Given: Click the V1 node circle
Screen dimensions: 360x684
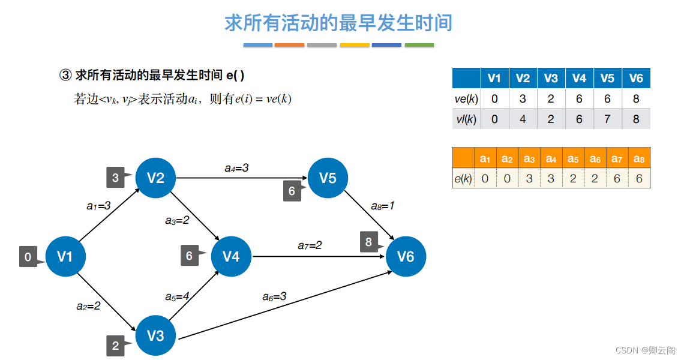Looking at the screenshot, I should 65,257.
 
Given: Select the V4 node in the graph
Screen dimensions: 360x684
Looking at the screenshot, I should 231,257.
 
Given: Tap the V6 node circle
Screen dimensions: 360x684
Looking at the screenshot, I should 406,257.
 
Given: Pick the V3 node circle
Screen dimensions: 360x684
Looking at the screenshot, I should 155,335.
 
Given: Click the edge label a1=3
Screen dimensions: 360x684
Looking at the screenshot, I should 98,206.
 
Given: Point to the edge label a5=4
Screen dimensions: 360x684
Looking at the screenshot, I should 178,296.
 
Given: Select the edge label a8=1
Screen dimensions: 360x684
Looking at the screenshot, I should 382,206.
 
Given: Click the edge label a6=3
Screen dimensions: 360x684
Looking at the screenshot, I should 274,296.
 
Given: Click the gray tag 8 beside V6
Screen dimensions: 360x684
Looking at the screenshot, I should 369,242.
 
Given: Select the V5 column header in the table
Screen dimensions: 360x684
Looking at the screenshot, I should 607,79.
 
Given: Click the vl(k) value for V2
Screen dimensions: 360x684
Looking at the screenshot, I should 523,119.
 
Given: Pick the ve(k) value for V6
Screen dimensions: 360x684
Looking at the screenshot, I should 636,98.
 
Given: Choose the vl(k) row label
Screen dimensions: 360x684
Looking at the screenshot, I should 466,119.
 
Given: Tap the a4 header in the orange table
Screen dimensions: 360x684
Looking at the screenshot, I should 551,158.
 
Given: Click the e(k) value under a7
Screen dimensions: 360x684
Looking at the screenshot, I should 617,178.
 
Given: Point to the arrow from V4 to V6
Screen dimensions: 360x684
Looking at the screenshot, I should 318,257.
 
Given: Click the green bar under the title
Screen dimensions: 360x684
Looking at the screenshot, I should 419,45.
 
